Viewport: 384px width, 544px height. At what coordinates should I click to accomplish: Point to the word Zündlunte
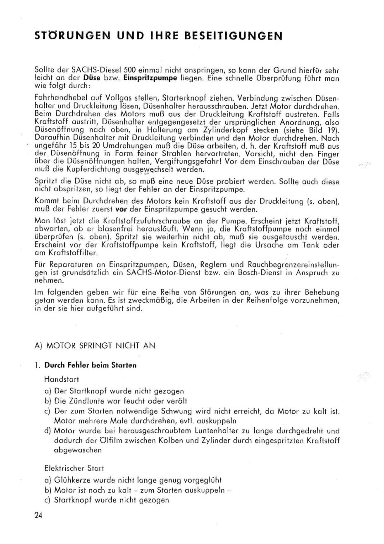click(91, 401)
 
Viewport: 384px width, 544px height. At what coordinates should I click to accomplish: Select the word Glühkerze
click(71, 480)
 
